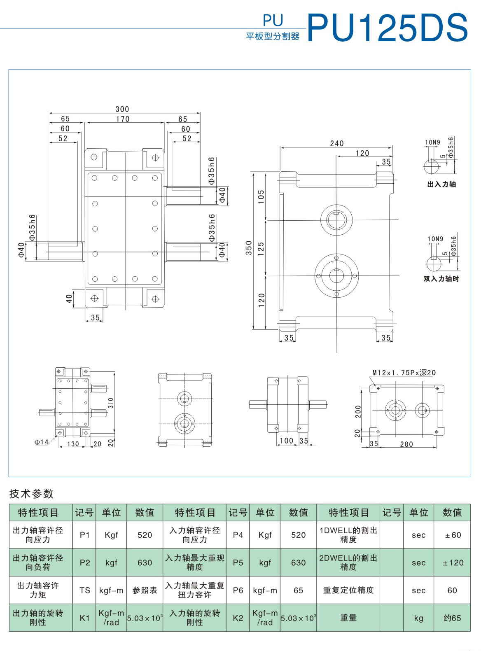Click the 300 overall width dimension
pyautogui.click(x=122, y=109)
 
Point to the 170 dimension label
pyautogui.click(x=123, y=119)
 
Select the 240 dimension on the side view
pyautogui.click(x=336, y=143)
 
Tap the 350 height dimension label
pyautogui.click(x=249, y=248)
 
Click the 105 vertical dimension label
pyautogui.click(x=261, y=197)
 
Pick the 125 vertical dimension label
pyautogui.click(x=261, y=249)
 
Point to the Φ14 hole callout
pyautogui.click(x=42, y=442)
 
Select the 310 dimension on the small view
pyautogui.click(x=110, y=403)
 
